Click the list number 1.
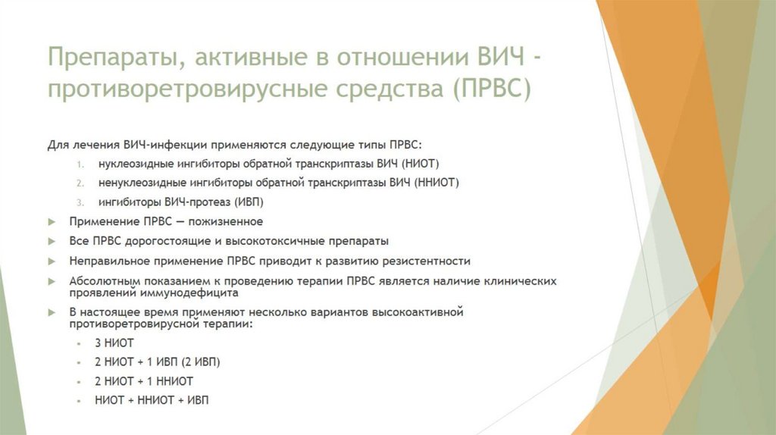click(x=80, y=164)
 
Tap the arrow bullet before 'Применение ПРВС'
click(x=52, y=222)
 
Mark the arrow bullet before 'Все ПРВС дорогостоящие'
click(x=52, y=242)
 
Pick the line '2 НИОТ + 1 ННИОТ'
click(x=144, y=381)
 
